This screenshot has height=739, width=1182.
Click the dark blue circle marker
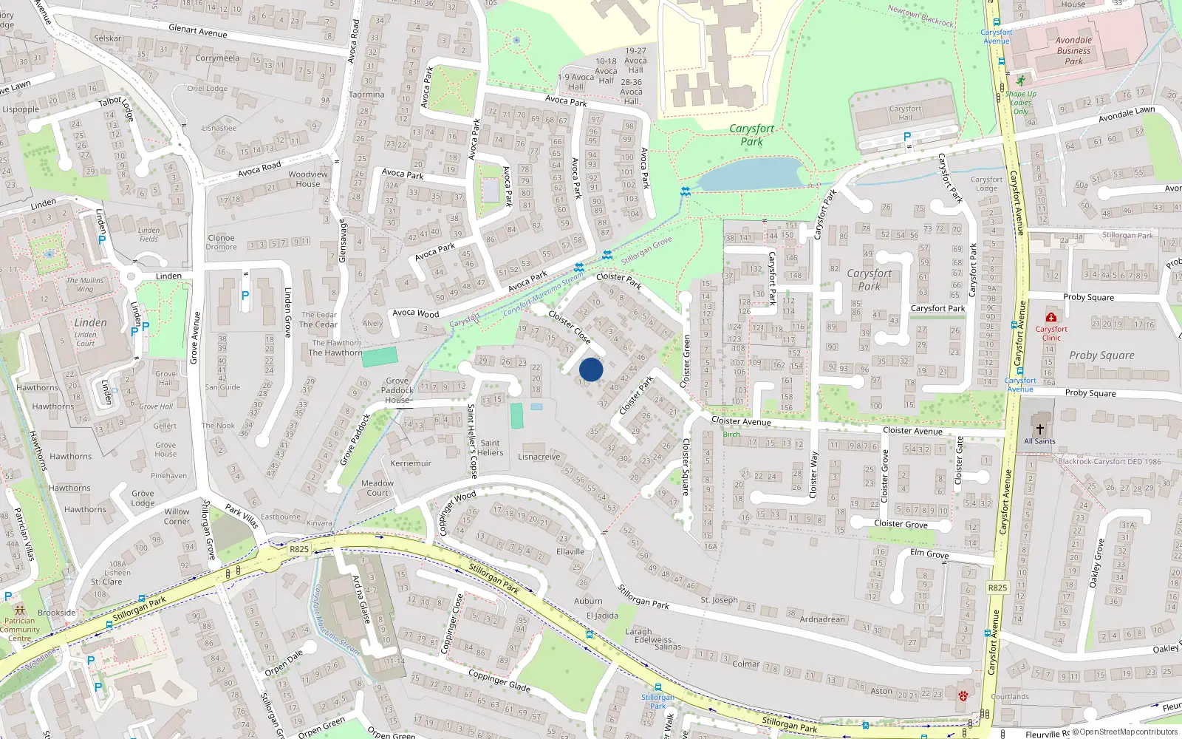(x=591, y=369)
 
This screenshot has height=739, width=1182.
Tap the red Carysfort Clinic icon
(x=1051, y=318)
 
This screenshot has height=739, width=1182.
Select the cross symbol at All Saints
(x=1039, y=429)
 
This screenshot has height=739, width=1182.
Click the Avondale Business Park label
(x=1073, y=51)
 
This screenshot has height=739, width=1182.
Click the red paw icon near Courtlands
(x=963, y=695)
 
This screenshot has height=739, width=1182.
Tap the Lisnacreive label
(x=539, y=457)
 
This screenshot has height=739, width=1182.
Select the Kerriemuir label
(x=411, y=463)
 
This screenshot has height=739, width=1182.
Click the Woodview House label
(x=308, y=179)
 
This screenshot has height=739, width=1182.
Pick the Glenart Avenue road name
(x=198, y=30)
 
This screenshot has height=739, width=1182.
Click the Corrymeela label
(x=217, y=58)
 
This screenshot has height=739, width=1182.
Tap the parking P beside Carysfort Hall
(x=907, y=137)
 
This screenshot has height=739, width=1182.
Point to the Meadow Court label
(x=377, y=488)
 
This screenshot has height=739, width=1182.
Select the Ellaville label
(x=570, y=551)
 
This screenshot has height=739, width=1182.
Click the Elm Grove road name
(x=929, y=554)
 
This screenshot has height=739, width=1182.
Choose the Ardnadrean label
(x=821, y=619)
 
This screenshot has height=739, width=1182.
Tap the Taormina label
(x=366, y=95)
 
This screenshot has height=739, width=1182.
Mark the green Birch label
(x=731, y=435)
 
